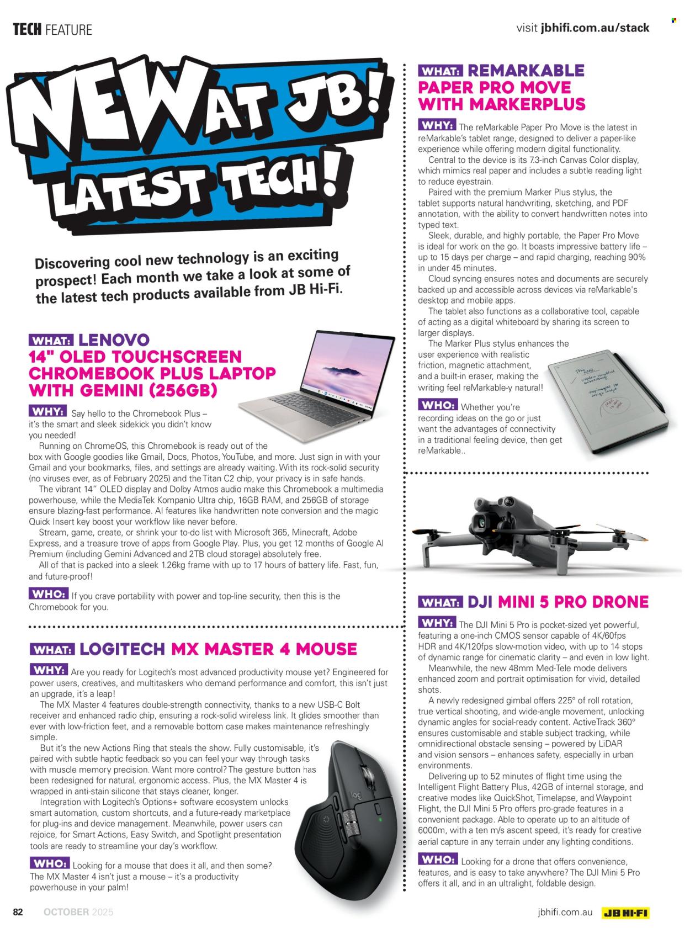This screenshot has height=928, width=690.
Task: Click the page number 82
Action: tap(18, 912)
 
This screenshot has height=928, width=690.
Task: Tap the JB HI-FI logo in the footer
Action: tap(626, 913)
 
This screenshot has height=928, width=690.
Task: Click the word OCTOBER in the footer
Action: tap(66, 912)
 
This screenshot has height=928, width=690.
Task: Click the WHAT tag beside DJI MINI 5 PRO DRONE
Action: tap(440, 602)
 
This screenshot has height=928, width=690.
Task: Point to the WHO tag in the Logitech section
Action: tap(50, 863)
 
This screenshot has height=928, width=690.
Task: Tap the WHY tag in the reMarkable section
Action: tap(437, 125)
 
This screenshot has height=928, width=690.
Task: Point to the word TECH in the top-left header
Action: tap(27, 29)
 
